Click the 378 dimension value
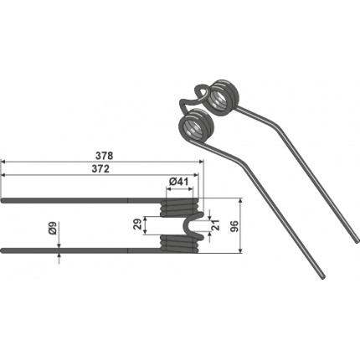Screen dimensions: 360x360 (x=104, y=156)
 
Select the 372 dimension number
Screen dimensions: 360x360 (x=100, y=169)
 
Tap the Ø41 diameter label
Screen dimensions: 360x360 (x=179, y=182)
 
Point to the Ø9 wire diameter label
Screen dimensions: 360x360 (x=54, y=228)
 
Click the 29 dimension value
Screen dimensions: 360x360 (x=137, y=224)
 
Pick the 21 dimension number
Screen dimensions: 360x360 (x=216, y=225)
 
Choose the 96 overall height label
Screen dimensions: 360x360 (x=234, y=226)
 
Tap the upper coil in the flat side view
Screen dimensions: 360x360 (x=179, y=207)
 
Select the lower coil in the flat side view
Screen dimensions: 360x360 (x=179, y=244)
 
